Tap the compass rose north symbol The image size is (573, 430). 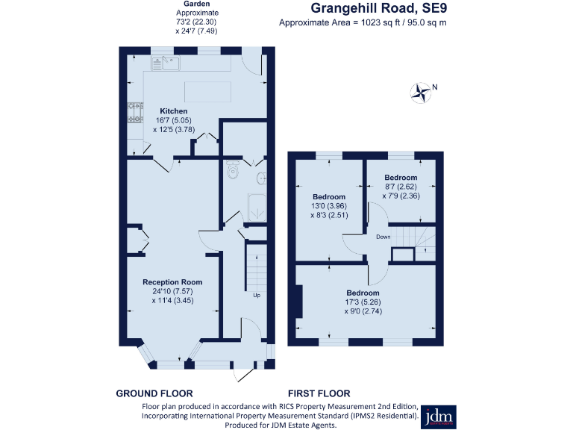(422, 93)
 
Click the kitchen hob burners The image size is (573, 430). (135, 113)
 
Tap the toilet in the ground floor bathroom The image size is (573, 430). (233, 171)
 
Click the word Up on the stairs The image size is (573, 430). (257, 295)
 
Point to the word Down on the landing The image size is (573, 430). (383, 237)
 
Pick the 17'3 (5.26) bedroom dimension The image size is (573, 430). (363, 302)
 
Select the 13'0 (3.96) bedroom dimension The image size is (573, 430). (329, 206)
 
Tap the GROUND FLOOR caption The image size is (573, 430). (154, 393)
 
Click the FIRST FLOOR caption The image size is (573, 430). (319, 393)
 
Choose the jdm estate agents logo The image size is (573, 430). (440, 417)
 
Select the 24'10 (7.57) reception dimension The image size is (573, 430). (167, 291)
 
